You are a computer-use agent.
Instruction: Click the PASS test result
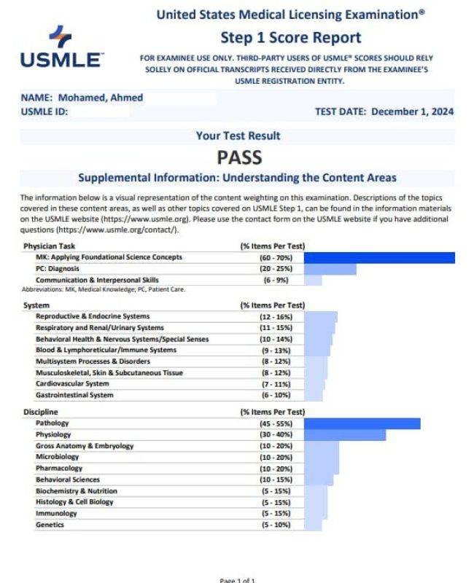click(x=238, y=157)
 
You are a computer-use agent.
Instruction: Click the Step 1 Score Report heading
click(x=290, y=37)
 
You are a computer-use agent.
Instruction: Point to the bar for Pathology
click(x=362, y=423)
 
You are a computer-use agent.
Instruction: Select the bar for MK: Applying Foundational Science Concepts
click(x=378, y=257)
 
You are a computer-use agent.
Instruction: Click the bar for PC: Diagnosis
click(x=330, y=269)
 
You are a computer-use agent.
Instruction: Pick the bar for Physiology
click(x=344, y=434)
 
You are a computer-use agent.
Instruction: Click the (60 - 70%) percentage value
click(x=272, y=257)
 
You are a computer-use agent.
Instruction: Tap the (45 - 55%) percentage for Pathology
click(x=272, y=423)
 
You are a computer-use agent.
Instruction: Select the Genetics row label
click(x=50, y=525)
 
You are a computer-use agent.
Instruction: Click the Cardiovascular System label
click(x=72, y=383)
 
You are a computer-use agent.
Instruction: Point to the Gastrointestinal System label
click(x=74, y=395)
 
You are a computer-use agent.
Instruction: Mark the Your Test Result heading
click(x=238, y=136)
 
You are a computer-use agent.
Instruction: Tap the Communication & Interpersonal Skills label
click(x=97, y=280)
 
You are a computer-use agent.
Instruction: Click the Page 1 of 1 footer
click(x=237, y=580)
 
